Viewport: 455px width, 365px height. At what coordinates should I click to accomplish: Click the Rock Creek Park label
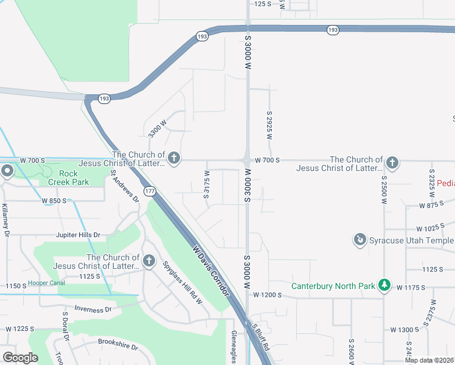click(74, 178)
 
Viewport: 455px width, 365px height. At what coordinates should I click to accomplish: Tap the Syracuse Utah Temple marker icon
click(360, 240)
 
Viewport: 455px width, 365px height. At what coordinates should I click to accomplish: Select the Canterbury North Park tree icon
click(384, 285)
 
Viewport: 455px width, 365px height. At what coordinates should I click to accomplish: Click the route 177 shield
click(149, 192)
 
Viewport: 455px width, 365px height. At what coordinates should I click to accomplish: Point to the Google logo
click(20, 358)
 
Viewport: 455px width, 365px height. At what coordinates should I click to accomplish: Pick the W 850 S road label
click(54, 200)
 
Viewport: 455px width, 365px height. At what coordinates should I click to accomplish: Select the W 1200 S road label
click(268, 295)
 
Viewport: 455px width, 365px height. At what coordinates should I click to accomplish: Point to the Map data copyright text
click(429, 360)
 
